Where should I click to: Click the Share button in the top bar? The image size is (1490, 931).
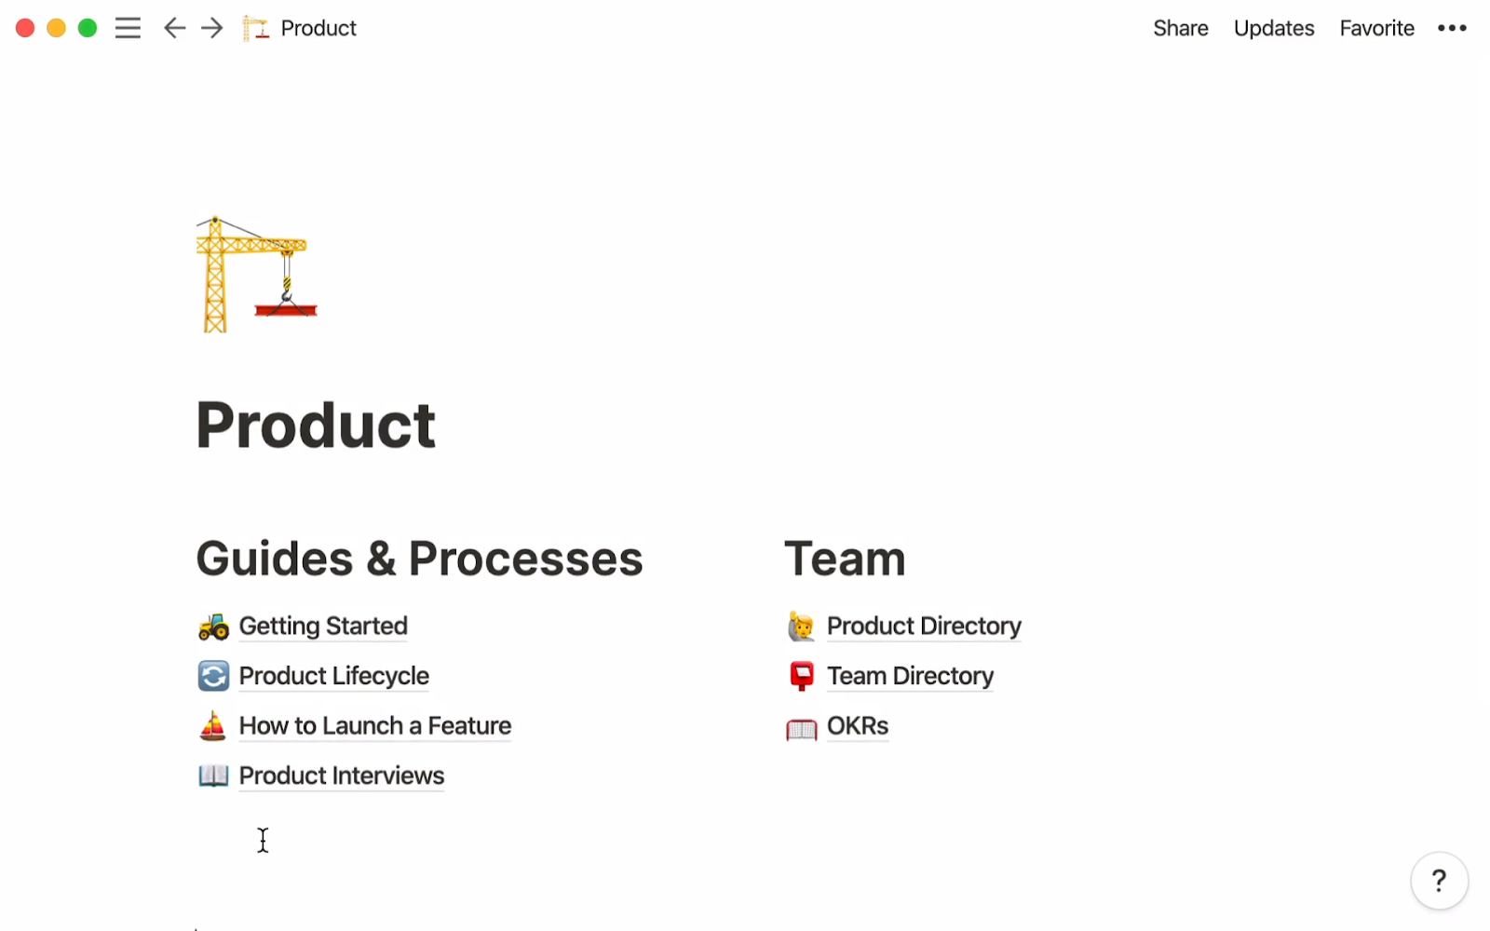pos(1180,29)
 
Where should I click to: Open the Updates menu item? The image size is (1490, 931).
pos(1273,29)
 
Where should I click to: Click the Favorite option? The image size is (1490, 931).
pos(1376,29)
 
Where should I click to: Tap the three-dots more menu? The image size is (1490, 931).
pos(1452,29)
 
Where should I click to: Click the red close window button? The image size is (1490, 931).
pos(25,28)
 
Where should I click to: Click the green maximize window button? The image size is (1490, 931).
pos(88,28)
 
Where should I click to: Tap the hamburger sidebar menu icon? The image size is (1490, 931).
pos(128,28)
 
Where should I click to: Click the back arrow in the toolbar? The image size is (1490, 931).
pos(174,28)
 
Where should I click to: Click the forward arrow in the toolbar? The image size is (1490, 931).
pos(212,28)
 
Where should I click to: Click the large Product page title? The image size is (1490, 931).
pos(316,425)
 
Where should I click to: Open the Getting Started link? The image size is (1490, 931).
pos(322,627)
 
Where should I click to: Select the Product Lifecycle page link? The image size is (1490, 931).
pos(333,676)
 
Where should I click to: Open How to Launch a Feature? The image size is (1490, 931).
pos(374,726)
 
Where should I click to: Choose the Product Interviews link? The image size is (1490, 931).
pos(341,776)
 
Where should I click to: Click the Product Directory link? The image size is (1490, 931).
pos(923,627)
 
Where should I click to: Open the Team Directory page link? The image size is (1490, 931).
pos(910,676)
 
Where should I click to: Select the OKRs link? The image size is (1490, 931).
pos(857,726)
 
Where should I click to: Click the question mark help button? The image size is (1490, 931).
pos(1439,880)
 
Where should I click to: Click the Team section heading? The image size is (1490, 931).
pos(844,560)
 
